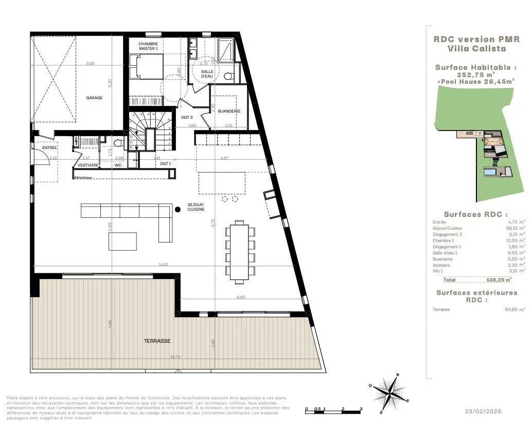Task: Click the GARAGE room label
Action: pyautogui.click(x=94, y=98)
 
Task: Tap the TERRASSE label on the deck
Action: pyautogui.click(x=157, y=341)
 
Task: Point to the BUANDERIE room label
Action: pyautogui.click(x=228, y=111)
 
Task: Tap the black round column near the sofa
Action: pyautogui.click(x=178, y=209)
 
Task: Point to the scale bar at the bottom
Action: pyautogui.click(x=333, y=410)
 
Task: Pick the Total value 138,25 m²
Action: pyautogui.click(x=499, y=280)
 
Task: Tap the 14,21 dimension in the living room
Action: pyautogui.click(x=163, y=264)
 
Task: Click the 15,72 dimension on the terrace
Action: pyautogui.click(x=175, y=357)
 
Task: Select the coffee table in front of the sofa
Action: pyautogui.click(x=122, y=241)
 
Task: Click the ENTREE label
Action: pyautogui.click(x=49, y=148)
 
